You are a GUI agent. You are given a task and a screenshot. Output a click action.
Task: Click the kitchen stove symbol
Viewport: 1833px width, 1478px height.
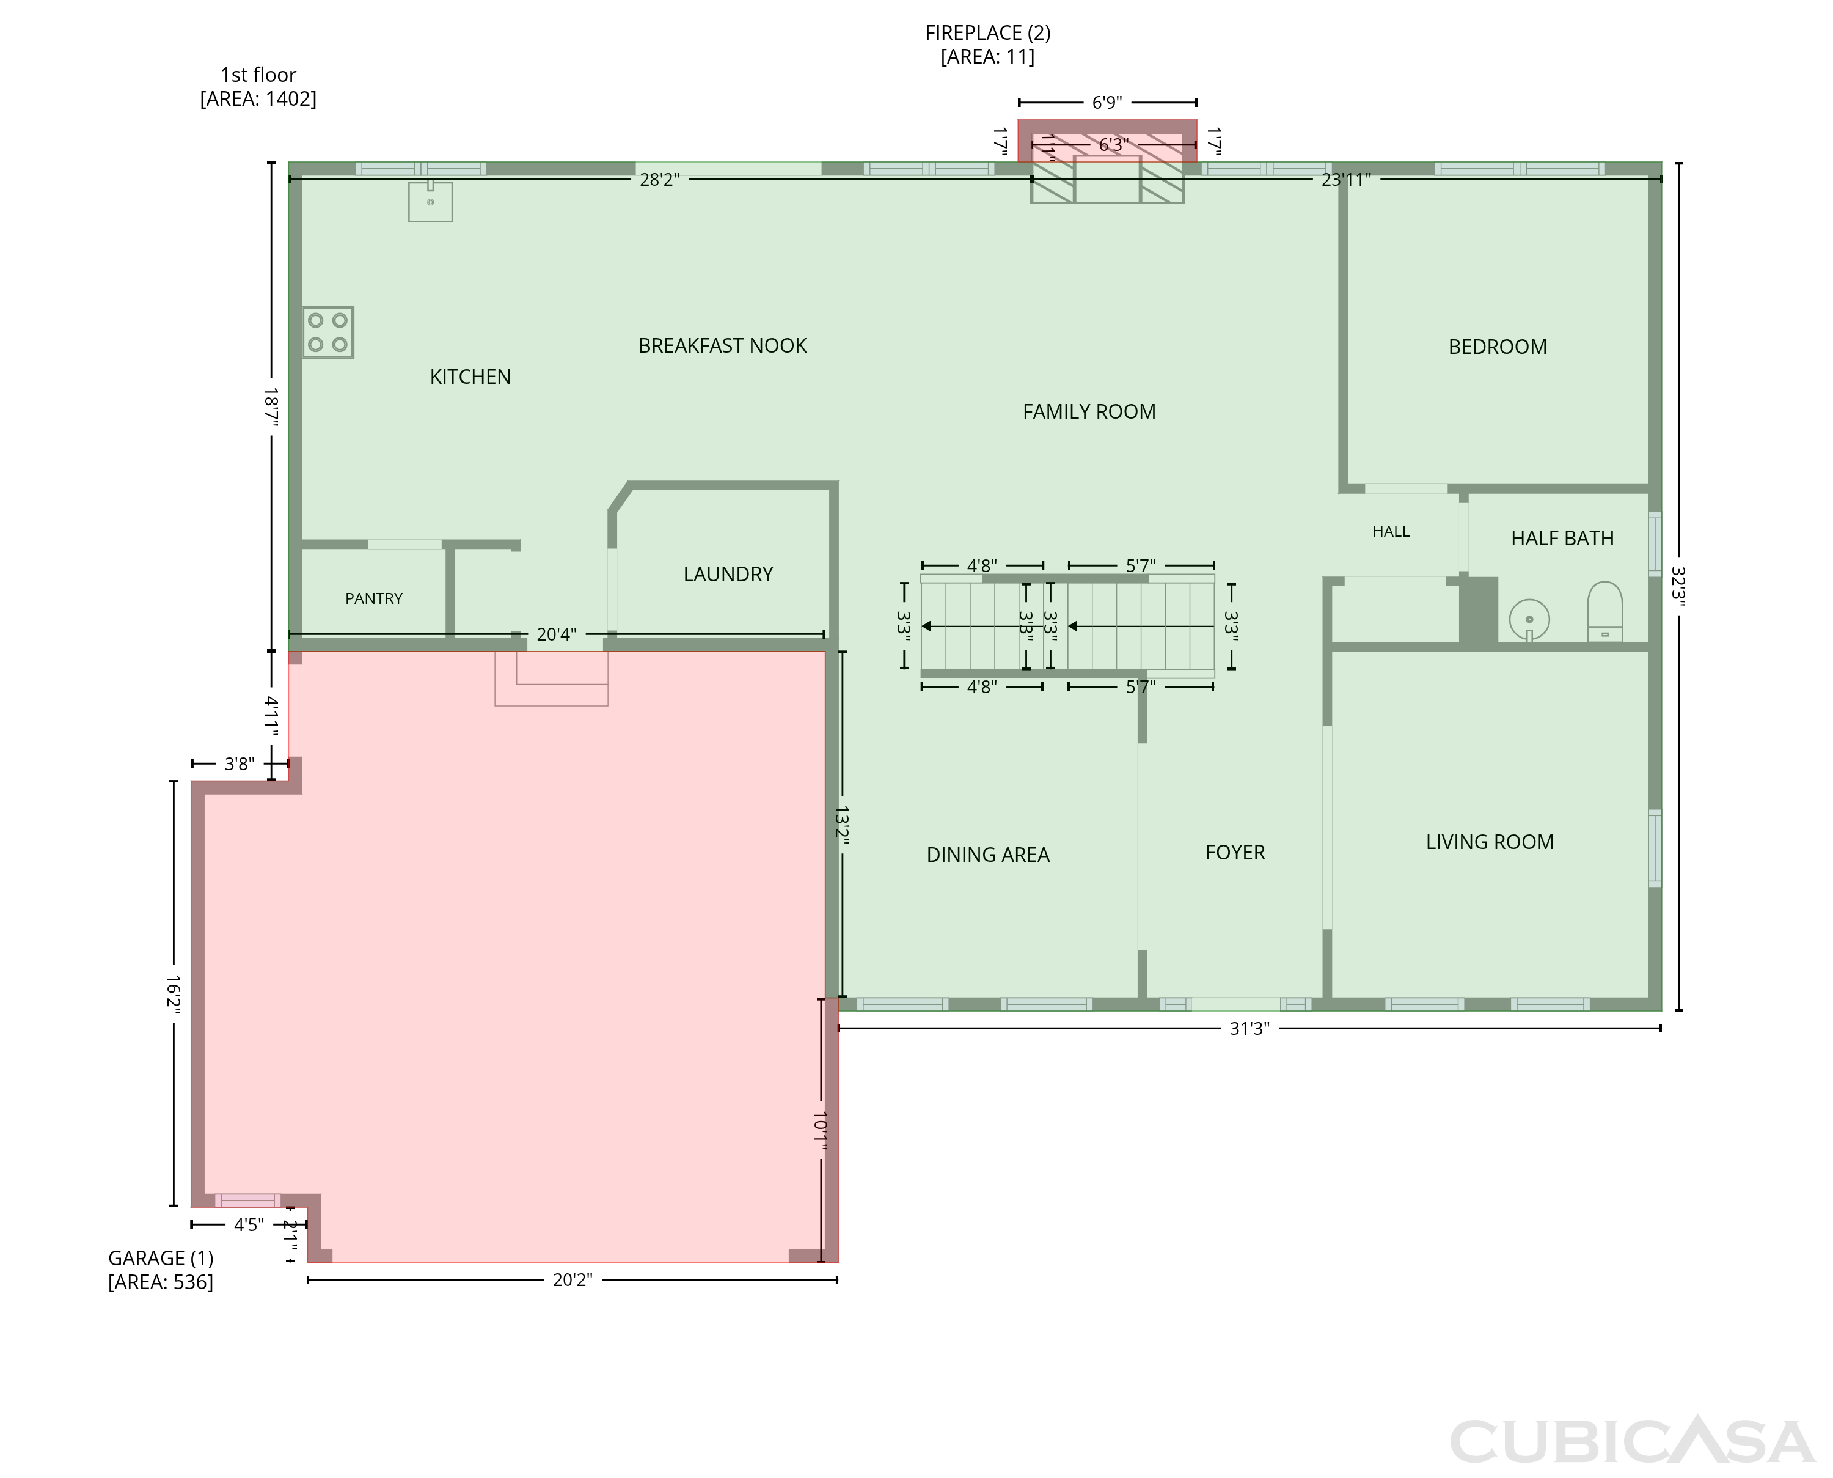pyautogui.click(x=327, y=332)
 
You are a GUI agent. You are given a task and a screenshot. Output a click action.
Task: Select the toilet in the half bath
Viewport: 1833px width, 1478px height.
pyautogui.click(x=1605, y=611)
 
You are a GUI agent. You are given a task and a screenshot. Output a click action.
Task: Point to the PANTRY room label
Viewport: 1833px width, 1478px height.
pyautogui.click(x=373, y=598)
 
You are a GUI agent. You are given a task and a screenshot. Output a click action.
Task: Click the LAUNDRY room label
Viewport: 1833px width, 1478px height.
pyautogui.click(x=728, y=574)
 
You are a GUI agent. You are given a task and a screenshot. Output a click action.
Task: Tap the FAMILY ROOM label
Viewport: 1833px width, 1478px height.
pyautogui.click(x=1089, y=412)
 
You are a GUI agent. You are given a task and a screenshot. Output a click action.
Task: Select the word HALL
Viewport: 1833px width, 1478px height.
pyautogui.click(x=1391, y=531)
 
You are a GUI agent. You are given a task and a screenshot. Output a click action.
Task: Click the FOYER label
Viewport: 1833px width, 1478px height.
pyautogui.click(x=1235, y=852)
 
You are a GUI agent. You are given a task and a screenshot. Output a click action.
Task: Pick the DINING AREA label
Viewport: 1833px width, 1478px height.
pyautogui.click(x=988, y=855)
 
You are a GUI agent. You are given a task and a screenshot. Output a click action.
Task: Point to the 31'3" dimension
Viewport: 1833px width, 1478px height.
pyautogui.click(x=1249, y=1029)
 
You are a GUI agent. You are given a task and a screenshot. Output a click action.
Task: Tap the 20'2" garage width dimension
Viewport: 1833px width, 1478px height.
pyautogui.click(x=572, y=1279)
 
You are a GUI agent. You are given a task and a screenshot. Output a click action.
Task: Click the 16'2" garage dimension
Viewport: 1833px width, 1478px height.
pyautogui.click(x=174, y=993)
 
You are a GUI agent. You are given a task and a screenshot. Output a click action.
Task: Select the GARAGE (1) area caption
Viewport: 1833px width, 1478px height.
pyautogui.click(x=161, y=1270)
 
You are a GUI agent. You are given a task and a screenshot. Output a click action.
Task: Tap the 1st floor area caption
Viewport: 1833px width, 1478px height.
pyautogui.click(x=258, y=87)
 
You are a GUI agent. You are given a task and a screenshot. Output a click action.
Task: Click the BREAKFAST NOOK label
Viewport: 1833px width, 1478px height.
pyautogui.click(x=722, y=346)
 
